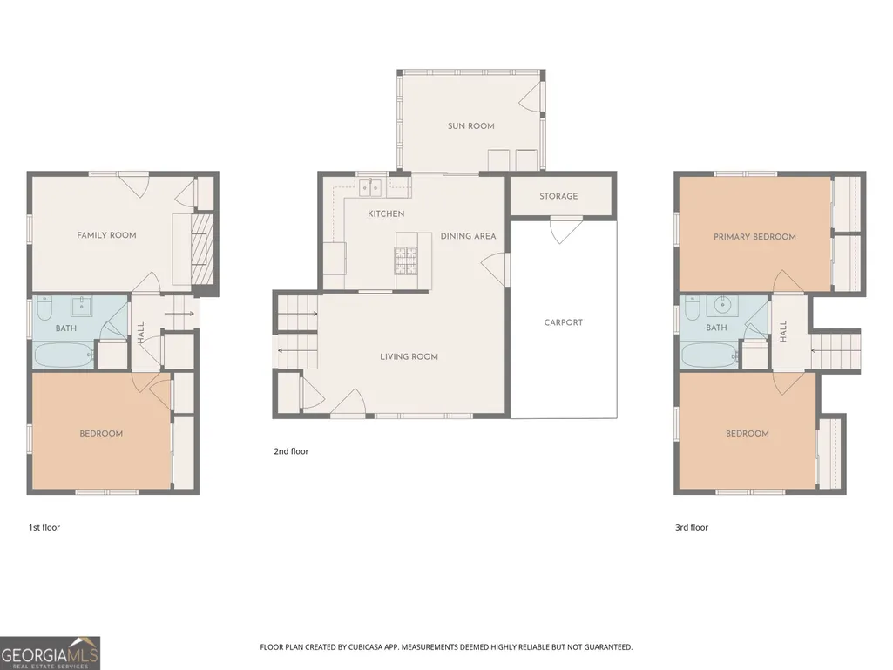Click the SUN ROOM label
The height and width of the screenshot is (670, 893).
[471, 126]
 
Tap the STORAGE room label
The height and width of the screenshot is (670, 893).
[558, 196]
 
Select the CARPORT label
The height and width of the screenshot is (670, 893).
[564, 322]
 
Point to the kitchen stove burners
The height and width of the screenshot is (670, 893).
[407, 260]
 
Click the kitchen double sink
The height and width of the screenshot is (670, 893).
[370, 186]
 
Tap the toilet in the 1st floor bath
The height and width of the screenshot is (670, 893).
[44, 308]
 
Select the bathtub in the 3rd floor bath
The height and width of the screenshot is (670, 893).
[710, 355]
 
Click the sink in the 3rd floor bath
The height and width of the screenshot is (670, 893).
[723, 305]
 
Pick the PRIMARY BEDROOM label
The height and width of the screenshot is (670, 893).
[754, 237]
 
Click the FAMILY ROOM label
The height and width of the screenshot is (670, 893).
[106, 235]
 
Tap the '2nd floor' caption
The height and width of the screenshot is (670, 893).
[291, 451]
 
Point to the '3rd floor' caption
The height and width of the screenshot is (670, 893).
[692, 528]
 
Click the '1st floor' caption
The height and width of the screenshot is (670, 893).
[44, 528]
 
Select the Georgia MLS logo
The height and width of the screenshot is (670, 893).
[51, 653]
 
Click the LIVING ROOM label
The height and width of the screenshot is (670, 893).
[409, 356]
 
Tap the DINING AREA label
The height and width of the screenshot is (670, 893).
[468, 236]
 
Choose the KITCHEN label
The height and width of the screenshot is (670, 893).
[386, 213]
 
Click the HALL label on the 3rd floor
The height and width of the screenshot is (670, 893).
[783, 331]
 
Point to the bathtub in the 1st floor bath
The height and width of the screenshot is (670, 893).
[64, 355]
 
